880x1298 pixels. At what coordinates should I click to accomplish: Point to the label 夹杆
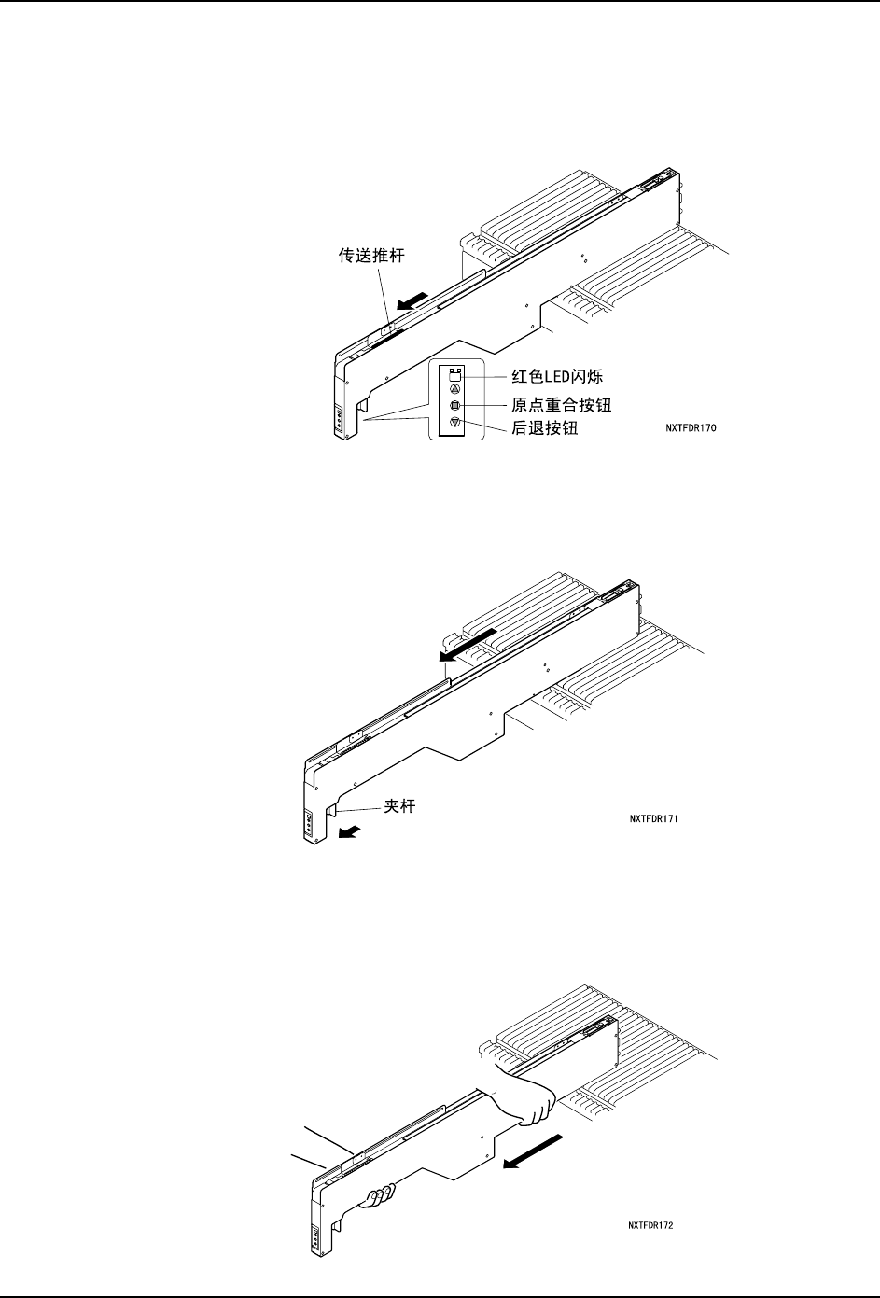(399, 805)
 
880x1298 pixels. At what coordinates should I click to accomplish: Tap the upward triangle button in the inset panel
(455, 388)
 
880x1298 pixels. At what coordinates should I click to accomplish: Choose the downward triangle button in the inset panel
(455, 423)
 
